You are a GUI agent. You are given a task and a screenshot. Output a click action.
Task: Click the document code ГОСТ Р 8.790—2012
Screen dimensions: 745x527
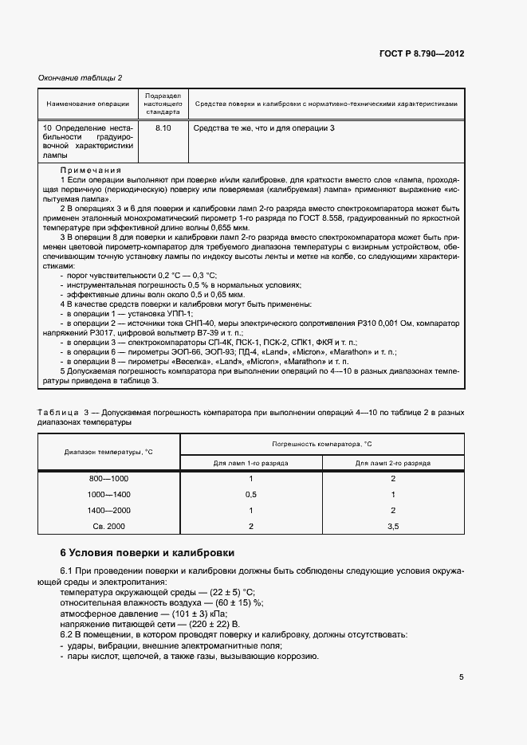[420, 53]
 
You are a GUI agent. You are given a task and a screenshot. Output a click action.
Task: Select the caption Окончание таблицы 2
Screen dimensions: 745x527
[81, 77]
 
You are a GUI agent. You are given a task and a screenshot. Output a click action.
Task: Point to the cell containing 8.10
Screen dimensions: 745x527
[163, 127]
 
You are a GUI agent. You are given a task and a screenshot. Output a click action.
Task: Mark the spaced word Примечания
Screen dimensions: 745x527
[91, 171]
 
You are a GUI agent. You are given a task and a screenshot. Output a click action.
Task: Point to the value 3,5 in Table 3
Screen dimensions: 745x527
[392, 526]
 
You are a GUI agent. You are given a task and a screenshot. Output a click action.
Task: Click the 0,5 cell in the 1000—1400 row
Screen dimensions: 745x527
[250, 494]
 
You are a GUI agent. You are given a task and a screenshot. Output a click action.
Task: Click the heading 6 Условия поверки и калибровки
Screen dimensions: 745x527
[147, 553]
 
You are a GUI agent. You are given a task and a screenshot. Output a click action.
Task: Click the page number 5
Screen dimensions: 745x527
[461, 677]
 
